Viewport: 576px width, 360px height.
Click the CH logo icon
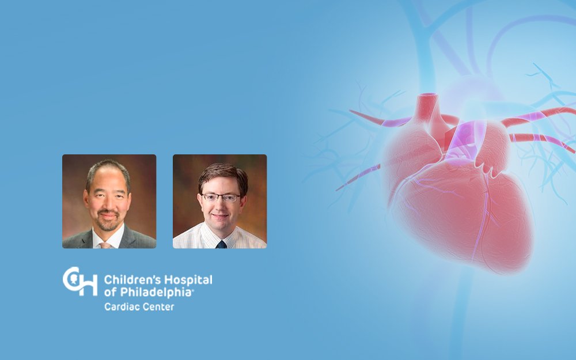[80, 282]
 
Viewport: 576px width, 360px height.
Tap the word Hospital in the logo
[188, 281]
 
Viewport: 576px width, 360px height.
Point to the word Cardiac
[119, 307]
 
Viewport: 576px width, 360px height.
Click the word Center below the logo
[156, 307]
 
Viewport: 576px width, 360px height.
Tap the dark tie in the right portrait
[221, 244]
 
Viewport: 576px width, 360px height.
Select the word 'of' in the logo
[111, 293]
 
